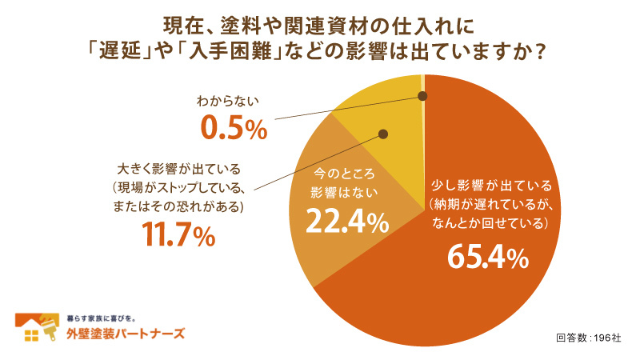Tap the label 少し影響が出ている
(x=487, y=185)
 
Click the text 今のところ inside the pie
(x=345, y=174)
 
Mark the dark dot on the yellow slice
(x=382, y=134)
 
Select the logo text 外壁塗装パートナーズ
(x=125, y=334)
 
